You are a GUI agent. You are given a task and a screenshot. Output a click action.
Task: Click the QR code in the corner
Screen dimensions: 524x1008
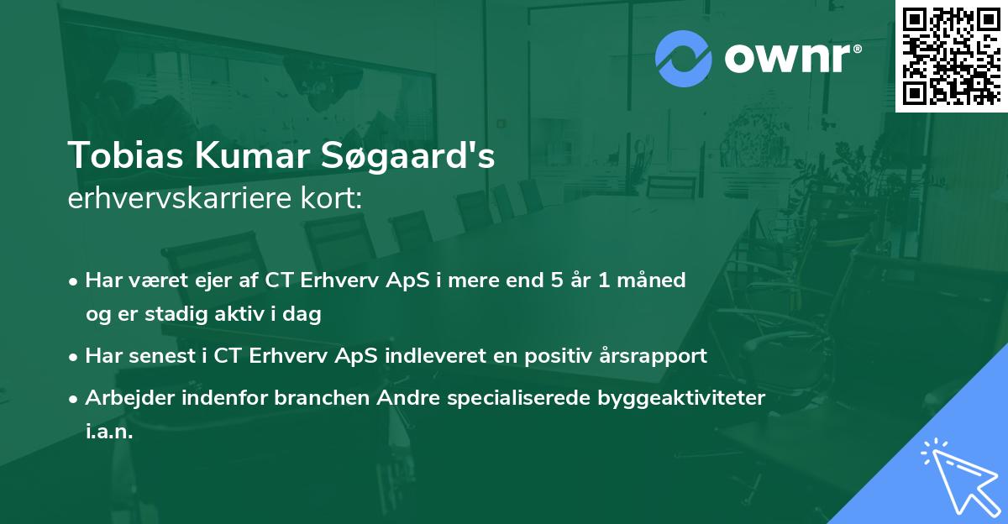click(x=951, y=55)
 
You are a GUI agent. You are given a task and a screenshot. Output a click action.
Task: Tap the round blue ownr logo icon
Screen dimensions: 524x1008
click(x=684, y=59)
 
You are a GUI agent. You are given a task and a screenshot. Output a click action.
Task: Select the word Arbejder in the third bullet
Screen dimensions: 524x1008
click(x=124, y=397)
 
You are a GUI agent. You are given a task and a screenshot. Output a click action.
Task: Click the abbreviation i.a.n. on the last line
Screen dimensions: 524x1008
click(x=109, y=432)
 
